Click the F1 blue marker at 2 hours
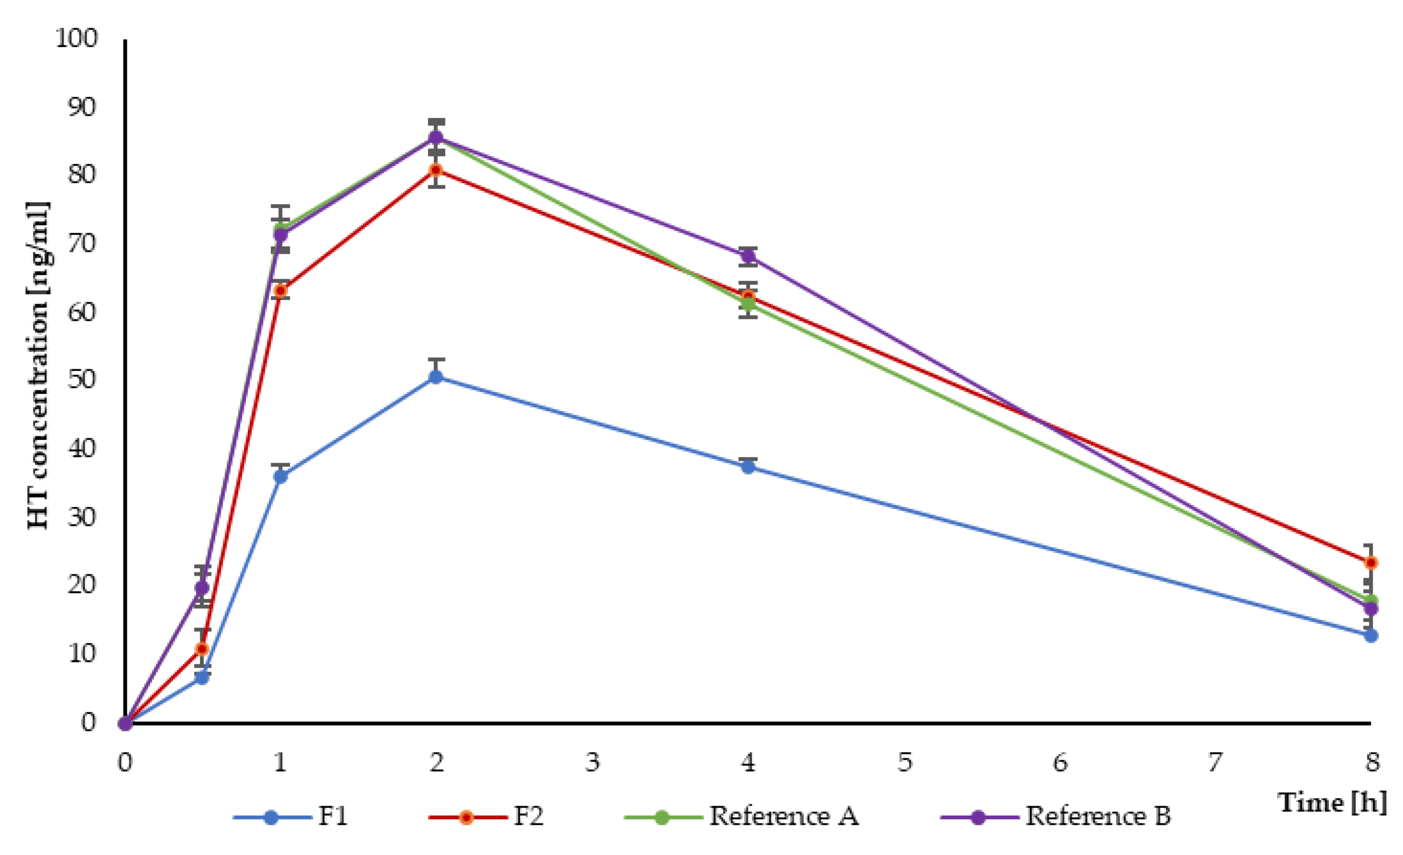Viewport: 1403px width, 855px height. [436, 376]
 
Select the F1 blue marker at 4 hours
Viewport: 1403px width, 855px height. [748, 467]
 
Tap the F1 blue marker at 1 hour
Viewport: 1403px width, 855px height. [280, 477]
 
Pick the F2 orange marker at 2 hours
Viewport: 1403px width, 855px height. [436, 170]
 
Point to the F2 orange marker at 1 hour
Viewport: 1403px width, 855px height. [280, 291]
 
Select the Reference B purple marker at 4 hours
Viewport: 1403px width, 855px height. [748, 256]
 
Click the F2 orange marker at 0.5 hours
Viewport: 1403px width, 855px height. [202, 649]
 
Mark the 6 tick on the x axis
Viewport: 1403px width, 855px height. [1059, 762]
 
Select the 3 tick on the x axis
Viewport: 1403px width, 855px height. [592, 762]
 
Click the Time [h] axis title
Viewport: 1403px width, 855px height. [1333, 803]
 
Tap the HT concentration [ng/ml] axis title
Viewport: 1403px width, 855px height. [39, 365]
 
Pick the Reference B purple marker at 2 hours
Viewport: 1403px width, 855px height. [436, 137]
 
